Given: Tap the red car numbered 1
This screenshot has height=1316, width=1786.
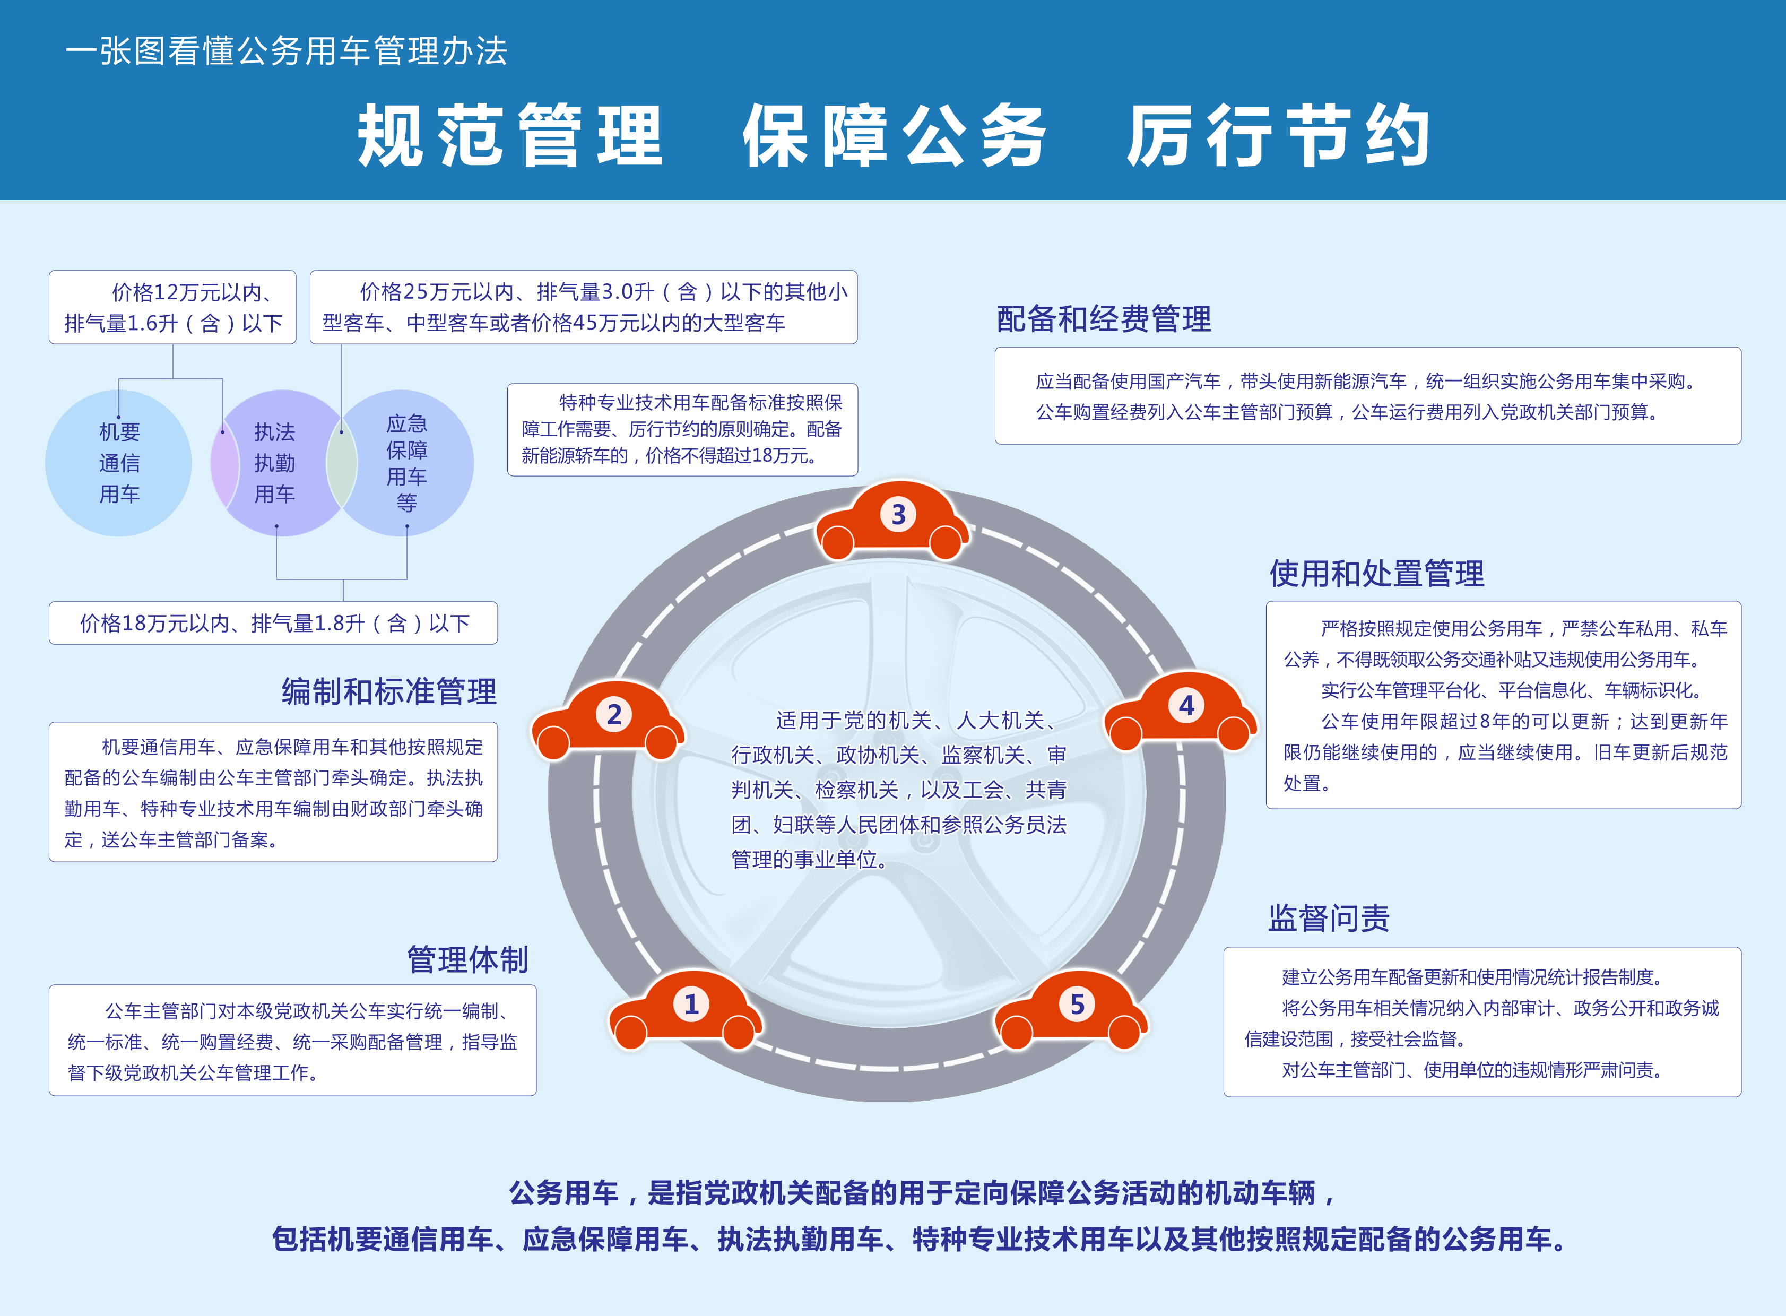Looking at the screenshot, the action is click(x=685, y=1009).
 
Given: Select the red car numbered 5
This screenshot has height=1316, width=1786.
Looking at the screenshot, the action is click(x=1071, y=1009).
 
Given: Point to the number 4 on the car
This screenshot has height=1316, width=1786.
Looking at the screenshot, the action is click(x=1186, y=705).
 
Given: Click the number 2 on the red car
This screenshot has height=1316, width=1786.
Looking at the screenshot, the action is click(x=614, y=715).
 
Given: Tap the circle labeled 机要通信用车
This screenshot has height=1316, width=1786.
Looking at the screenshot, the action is click(x=119, y=463).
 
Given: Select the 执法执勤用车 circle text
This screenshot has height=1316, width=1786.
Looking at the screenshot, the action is click(x=275, y=463).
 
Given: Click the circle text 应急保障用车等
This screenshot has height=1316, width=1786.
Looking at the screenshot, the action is click(x=407, y=463).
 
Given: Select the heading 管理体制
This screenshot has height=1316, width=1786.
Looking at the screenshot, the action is click(x=467, y=959).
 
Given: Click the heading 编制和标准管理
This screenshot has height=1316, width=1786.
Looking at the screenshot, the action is click(x=389, y=691).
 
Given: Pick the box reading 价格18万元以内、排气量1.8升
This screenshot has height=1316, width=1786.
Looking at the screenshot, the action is click(x=273, y=623).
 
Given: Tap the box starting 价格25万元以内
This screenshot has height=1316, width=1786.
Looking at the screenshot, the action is click(x=583, y=307).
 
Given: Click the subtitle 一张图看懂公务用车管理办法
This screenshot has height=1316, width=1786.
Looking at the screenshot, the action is click(x=286, y=51).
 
